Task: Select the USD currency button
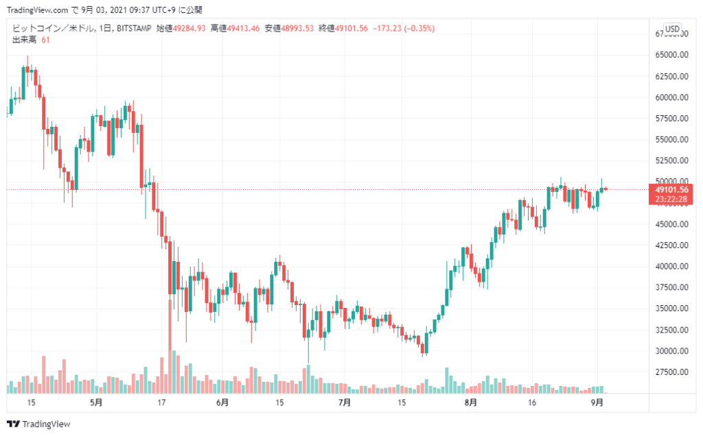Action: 672,29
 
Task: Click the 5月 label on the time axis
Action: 96,402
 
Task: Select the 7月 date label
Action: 345,402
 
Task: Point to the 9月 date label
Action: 597,402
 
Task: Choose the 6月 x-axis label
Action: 222,402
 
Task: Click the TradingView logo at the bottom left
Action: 38,424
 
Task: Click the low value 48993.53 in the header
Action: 297,28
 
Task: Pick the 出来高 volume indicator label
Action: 24,40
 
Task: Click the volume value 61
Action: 45,40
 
